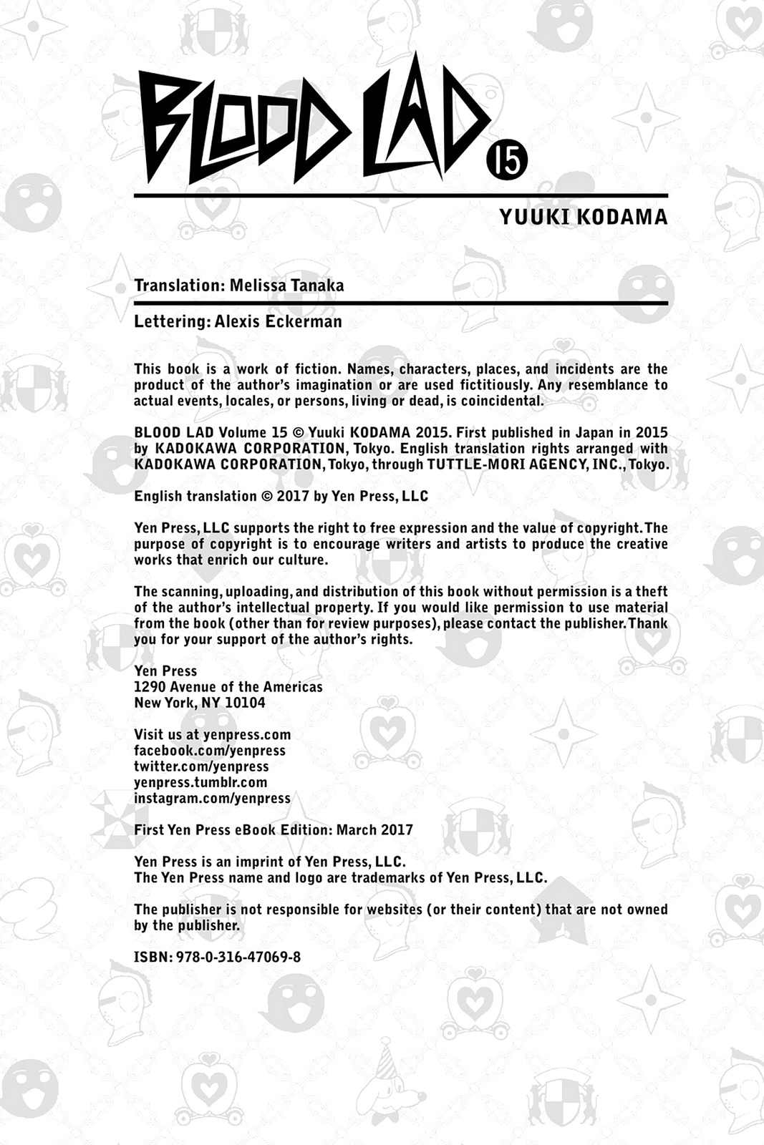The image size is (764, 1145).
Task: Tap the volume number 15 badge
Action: [507, 160]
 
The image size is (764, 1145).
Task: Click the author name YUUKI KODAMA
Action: [583, 217]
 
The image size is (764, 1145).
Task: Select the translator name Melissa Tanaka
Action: [286, 286]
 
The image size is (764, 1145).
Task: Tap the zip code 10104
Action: [245, 703]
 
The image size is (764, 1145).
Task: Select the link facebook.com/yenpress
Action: [210, 751]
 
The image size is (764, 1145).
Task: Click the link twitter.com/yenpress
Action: [201, 766]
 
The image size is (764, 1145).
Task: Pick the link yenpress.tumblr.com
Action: [200, 782]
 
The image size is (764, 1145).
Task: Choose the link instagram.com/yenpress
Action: [212, 798]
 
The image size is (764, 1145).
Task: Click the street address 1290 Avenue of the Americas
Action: [228, 687]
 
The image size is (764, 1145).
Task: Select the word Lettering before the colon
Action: [171, 321]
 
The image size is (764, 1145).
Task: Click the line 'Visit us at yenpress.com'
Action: [212, 735]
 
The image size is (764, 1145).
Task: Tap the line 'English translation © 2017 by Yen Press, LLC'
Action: [281, 497]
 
